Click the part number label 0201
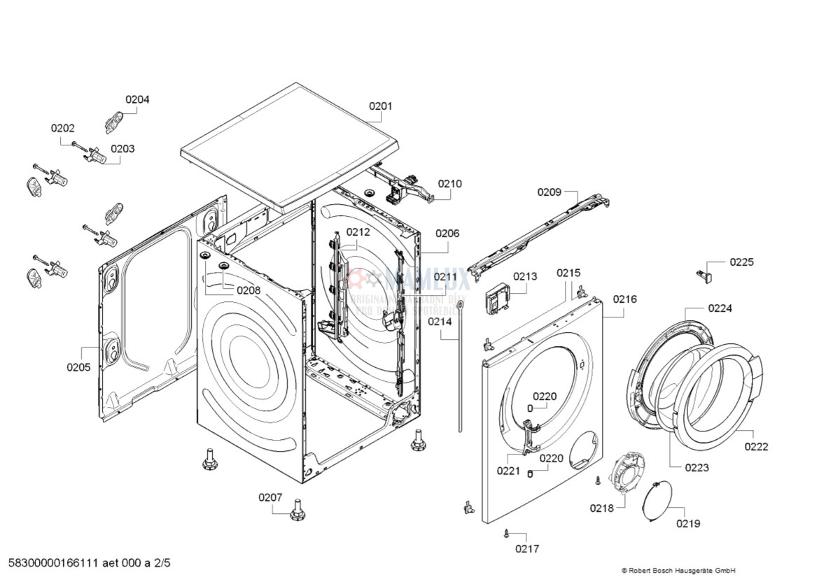point(381,106)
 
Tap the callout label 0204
point(137,99)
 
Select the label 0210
point(449,184)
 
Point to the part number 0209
point(549,192)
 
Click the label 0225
point(741,262)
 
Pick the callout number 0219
point(687,524)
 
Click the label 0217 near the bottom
point(527,549)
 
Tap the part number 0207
point(270,497)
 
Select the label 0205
point(78,366)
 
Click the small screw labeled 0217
point(505,534)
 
